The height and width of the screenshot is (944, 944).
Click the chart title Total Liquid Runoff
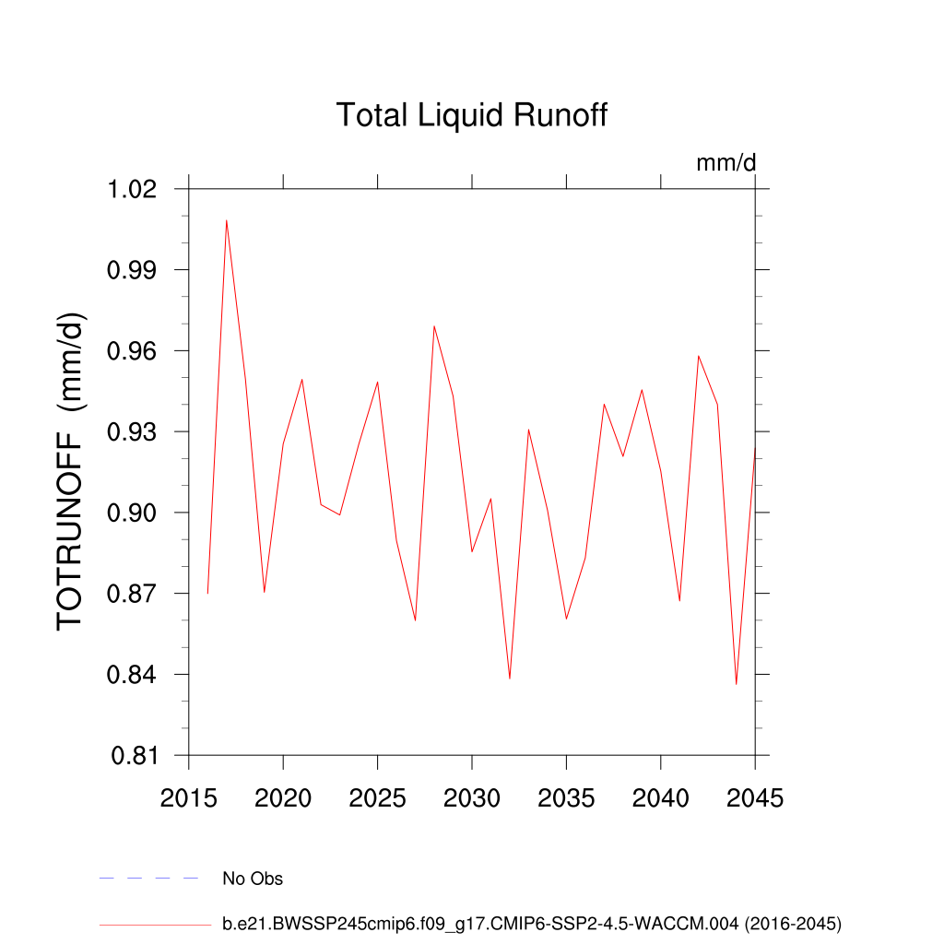(471, 116)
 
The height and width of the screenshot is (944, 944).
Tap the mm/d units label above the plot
(726, 163)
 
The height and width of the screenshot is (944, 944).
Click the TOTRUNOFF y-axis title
(71, 470)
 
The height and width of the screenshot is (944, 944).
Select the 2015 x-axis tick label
(188, 798)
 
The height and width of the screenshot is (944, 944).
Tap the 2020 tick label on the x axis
(283, 798)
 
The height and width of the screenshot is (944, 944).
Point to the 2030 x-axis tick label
(472, 798)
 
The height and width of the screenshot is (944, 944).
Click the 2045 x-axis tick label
(754, 798)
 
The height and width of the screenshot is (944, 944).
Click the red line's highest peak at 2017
(226, 220)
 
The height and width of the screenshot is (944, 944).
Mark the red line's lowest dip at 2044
(736, 684)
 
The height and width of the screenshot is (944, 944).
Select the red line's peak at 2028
(433, 325)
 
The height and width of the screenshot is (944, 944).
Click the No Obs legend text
(253, 879)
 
